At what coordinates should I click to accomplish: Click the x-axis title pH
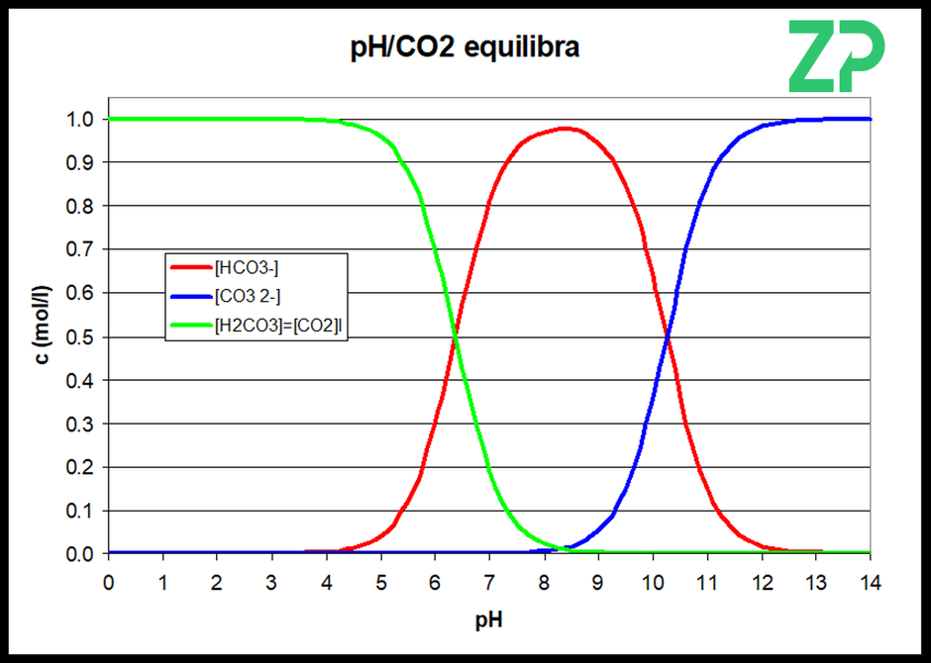coord(489,619)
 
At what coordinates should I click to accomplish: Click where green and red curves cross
coord(455,336)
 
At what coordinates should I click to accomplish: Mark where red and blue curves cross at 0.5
coord(668,336)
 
